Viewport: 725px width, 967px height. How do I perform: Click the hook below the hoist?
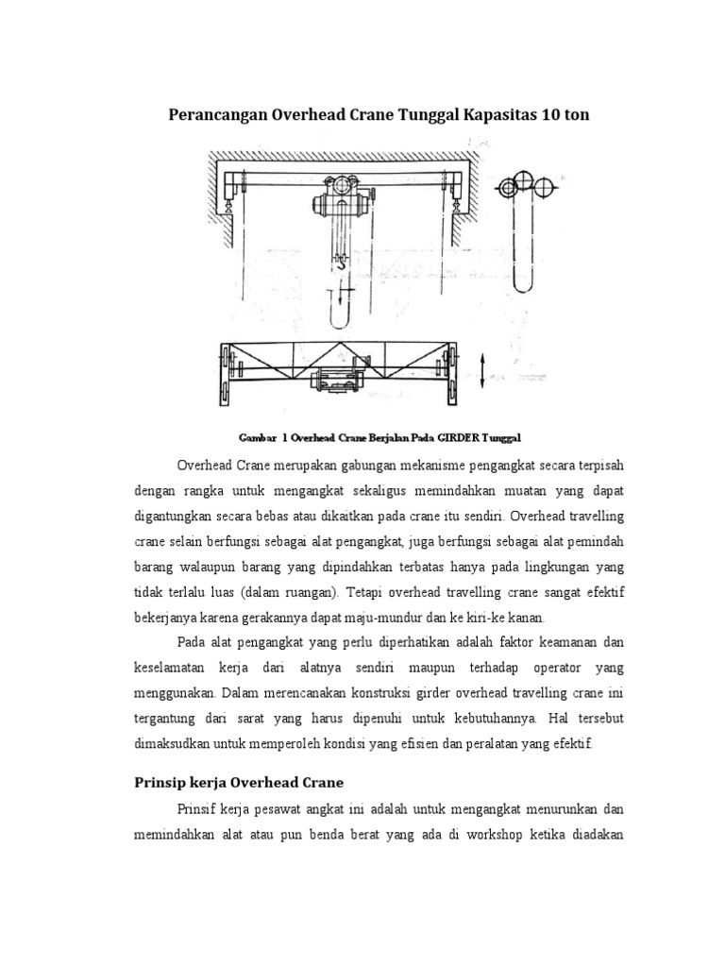click(x=339, y=265)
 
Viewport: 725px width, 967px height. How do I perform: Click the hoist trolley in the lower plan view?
click(x=337, y=380)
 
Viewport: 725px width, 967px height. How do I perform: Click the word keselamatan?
click(x=174, y=667)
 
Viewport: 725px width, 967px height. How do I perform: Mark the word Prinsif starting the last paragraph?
click(x=195, y=811)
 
